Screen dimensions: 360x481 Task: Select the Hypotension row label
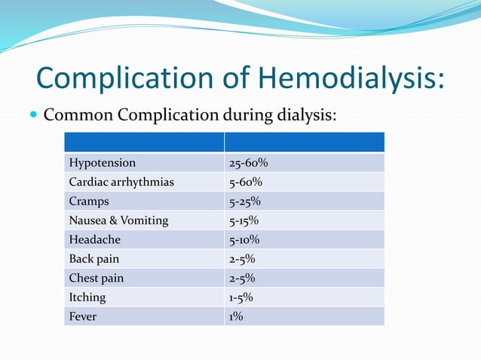point(103,163)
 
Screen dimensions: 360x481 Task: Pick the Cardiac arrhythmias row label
point(121,182)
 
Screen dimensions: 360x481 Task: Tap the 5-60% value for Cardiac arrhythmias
point(245,182)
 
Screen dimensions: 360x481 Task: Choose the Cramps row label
point(89,201)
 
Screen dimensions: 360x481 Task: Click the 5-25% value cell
point(245,201)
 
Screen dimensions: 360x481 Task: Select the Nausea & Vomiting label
point(118,221)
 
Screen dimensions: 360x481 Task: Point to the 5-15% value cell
point(244,221)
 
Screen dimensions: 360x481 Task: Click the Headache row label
point(94,239)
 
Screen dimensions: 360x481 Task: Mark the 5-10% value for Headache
point(244,239)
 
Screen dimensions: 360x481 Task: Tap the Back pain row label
point(93,259)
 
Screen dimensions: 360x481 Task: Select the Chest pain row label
point(96,278)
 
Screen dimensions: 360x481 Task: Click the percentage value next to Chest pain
point(241,278)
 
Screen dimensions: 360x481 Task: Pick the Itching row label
point(87,297)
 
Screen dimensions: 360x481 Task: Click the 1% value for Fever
point(235,316)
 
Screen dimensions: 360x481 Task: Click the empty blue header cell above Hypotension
point(144,142)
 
